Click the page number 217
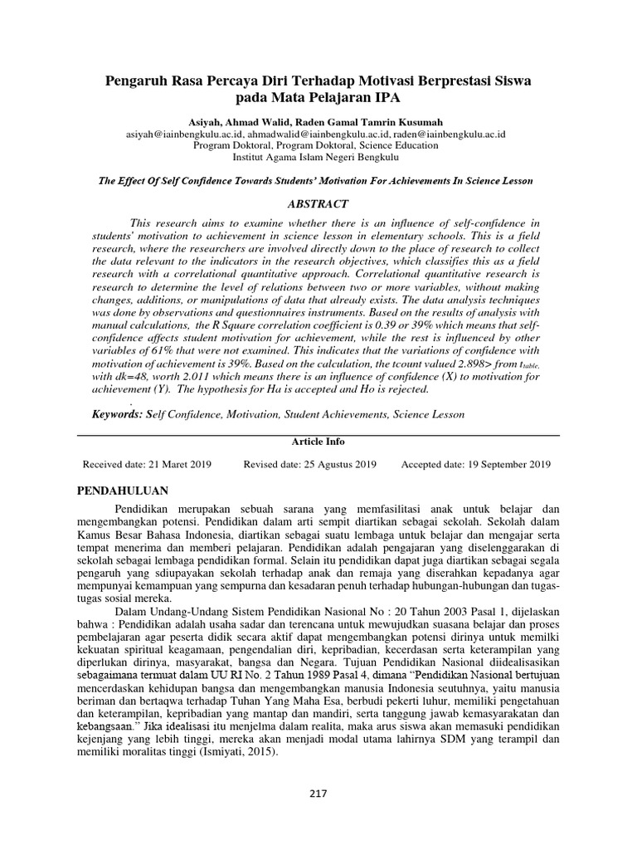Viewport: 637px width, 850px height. pos(318,793)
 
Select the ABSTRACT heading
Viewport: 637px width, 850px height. pos(318,203)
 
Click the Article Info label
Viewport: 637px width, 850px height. pos(318,442)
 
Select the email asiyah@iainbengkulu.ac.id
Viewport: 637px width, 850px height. pos(183,133)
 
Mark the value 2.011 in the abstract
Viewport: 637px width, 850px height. pos(193,378)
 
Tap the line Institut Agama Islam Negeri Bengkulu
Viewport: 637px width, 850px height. pos(316,155)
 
